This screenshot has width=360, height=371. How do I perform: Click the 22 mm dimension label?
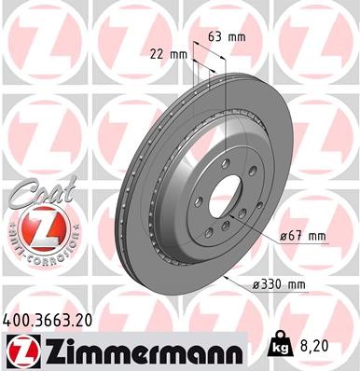pyautogui.click(x=168, y=54)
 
